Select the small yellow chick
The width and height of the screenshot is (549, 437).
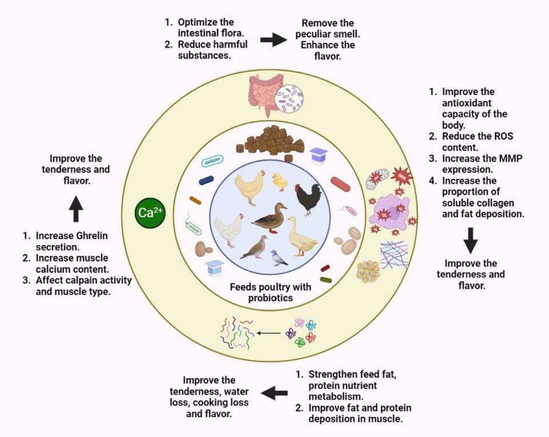[x=280, y=182]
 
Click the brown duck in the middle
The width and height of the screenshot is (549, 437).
[x=271, y=218]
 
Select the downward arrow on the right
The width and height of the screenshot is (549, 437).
[x=471, y=240]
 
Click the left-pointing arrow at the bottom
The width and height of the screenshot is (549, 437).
[x=273, y=391]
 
